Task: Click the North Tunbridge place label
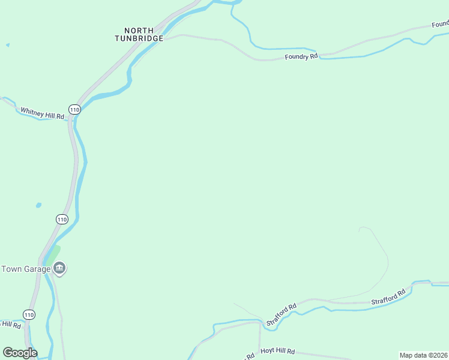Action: (x=139, y=34)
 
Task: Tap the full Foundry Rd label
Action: (x=301, y=57)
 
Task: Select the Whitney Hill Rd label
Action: (x=42, y=112)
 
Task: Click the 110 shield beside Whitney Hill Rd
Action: (x=74, y=109)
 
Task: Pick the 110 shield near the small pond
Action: (x=62, y=219)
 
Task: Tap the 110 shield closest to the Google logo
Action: (x=29, y=314)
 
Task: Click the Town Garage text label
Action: (x=26, y=269)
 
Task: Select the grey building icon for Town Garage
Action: (x=59, y=269)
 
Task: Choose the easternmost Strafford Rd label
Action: (x=388, y=297)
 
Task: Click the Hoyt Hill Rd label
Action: (x=277, y=352)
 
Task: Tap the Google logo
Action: (x=20, y=353)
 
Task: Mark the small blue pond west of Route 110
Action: (x=38, y=205)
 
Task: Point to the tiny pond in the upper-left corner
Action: (x=7, y=45)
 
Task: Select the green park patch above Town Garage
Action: (x=53, y=254)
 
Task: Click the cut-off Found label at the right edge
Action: (x=440, y=25)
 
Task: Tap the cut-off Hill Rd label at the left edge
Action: (x=11, y=324)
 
